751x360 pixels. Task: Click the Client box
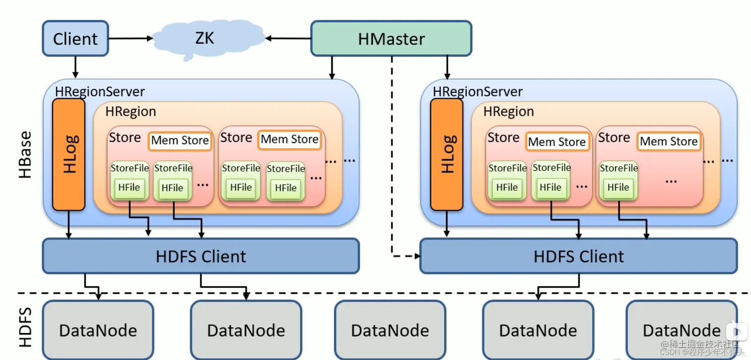tap(75, 38)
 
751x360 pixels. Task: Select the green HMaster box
tap(391, 38)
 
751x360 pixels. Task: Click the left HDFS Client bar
tap(201, 256)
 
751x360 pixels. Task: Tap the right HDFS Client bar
tap(579, 256)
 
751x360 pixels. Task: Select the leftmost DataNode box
tap(98, 330)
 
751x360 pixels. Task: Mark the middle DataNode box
tap(390, 330)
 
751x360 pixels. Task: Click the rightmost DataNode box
tap(681, 330)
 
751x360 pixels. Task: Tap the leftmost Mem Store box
tap(180, 141)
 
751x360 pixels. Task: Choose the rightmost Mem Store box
tap(669, 142)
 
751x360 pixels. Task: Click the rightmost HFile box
tap(618, 188)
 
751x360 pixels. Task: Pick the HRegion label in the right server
tap(509, 112)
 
